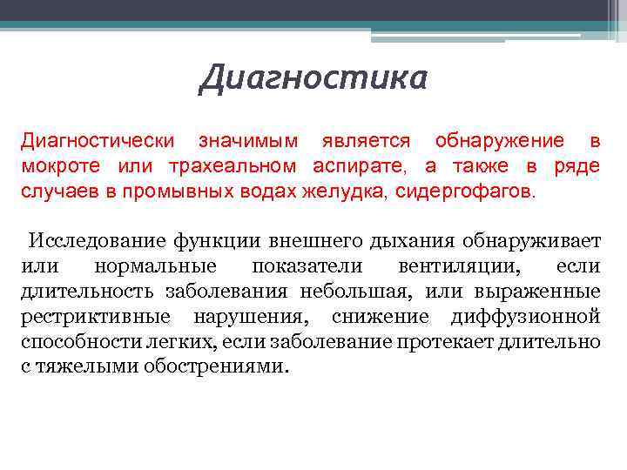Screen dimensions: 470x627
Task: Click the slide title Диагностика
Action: click(313, 77)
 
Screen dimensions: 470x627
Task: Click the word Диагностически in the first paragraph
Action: click(97, 141)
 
